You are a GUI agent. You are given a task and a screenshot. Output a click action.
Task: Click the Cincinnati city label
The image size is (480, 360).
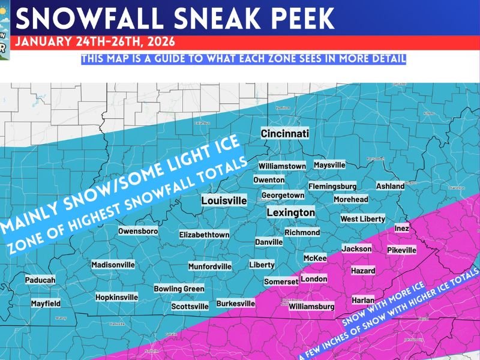tap(285, 133)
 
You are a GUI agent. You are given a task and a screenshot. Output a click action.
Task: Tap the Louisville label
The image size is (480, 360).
tap(224, 200)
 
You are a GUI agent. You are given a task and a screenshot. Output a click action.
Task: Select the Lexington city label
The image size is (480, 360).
tap(290, 212)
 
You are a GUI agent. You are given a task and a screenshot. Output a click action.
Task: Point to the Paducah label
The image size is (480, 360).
tap(40, 280)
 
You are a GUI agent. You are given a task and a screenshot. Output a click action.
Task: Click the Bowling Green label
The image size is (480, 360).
tap(179, 289)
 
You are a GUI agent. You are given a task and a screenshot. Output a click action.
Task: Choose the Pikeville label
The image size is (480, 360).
tap(401, 250)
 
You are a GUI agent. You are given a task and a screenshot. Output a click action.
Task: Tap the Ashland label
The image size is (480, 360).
tap(390, 186)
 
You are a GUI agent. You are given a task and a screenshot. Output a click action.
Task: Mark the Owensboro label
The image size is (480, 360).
tap(138, 231)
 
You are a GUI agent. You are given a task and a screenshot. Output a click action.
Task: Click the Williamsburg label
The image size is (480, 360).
tap(311, 307)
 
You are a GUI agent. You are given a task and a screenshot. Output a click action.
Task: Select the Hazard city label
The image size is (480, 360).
tap(362, 271)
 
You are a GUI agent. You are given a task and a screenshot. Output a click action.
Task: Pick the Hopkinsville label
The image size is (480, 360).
tap(116, 297)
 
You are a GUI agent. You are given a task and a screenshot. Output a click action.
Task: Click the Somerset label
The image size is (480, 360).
tap(281, 281)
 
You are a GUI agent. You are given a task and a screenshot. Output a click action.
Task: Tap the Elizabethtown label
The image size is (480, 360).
tap(204, 235)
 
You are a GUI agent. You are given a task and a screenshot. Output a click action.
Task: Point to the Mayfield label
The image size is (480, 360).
tap(46, 304)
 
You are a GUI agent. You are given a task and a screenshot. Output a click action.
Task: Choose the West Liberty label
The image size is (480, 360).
tap(362, 219)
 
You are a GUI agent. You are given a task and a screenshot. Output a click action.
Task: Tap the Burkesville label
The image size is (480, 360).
tap(235, 304)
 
